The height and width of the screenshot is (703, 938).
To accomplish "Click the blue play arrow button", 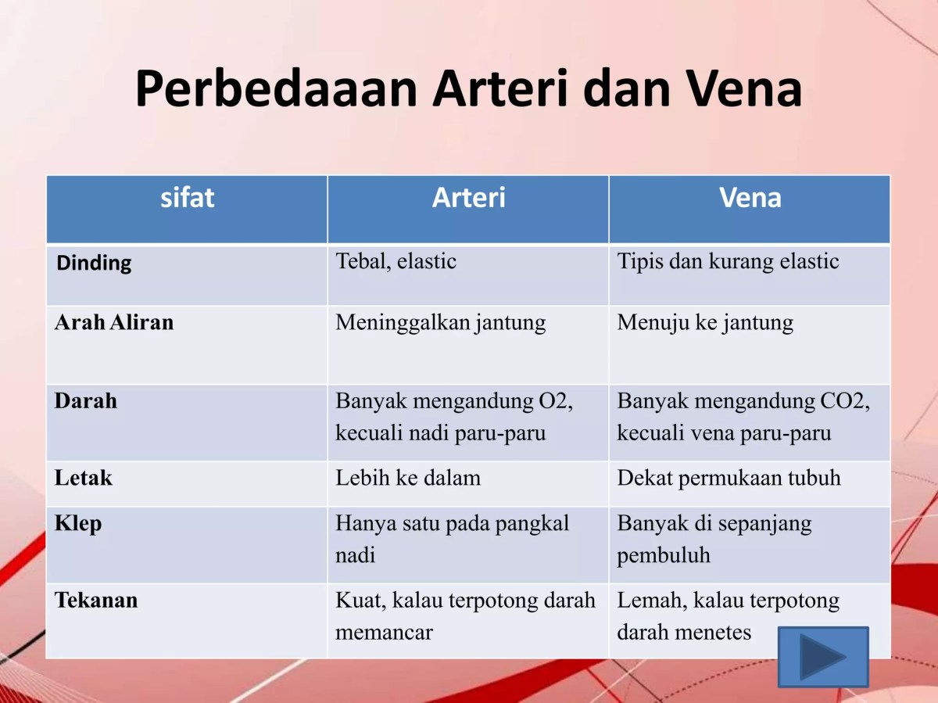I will point(823,657).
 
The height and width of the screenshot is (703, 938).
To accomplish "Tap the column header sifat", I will point(187,198).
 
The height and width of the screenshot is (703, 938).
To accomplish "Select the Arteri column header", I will point(468,198).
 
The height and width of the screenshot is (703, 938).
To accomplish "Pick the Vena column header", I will point(750,198).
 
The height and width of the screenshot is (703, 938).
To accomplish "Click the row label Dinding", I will point(94,263).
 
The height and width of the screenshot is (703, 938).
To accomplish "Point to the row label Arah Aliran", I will point(114,322).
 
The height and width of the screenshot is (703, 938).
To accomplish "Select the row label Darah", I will point(86,401).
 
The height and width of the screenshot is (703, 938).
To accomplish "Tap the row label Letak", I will point(84,478).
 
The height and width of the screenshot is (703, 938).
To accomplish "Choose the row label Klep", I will point(78,523).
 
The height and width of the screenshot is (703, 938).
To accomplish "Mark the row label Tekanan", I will point(96,601).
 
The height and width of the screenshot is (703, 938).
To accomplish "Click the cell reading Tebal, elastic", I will point(396,261).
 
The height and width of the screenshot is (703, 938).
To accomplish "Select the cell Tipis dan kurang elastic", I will point(728,261).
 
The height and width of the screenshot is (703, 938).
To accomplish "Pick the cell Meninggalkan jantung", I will point(441,322).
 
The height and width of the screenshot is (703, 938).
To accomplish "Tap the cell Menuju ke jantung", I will point(705,322).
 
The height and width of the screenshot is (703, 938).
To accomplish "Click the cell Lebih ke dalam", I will point(408,478).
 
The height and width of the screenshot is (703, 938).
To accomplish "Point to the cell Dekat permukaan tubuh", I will point(729,478).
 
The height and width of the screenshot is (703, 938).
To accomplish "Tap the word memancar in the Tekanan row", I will point(384,632).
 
